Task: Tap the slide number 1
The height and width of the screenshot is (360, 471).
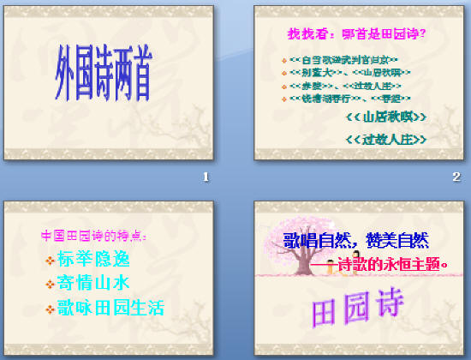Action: coord(205,177)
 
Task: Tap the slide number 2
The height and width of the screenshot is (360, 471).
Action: coord(456,177)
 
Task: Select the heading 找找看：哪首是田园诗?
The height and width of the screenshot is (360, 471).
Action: coord(357,35)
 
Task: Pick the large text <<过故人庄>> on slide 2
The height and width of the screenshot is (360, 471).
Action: coord(385,139)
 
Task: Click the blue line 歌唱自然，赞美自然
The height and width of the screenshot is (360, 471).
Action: coord(357,241)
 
